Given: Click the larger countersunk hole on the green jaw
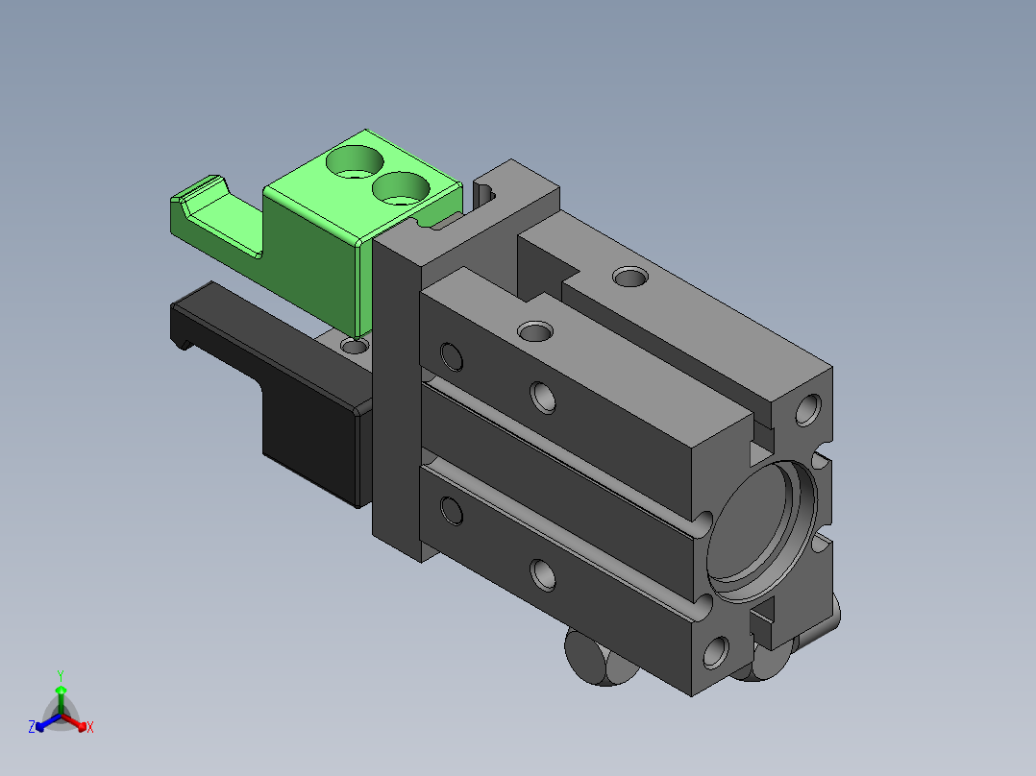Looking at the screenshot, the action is click(x=355, y=161).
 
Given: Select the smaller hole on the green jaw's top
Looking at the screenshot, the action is click(x=401, y=188).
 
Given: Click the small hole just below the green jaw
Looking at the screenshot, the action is click(x=354, y=345).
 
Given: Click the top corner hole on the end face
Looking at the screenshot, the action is click(x=808, y=409).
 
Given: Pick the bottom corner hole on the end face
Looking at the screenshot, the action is click(x=716, y=652).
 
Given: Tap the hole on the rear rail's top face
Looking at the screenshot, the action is click(x=629, y=276).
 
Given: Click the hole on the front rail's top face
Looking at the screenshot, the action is click(x=535, y=331).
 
